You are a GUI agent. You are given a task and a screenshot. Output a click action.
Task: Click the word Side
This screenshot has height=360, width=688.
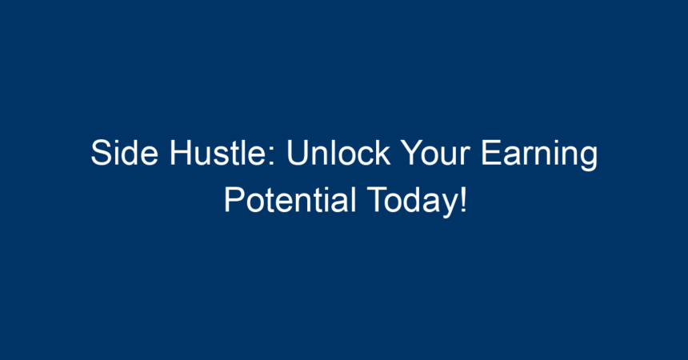click(125, 153)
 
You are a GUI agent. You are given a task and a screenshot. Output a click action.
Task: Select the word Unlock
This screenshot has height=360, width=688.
click(338, 153)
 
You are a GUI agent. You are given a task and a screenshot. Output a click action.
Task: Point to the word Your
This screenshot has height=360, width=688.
click(436, 153)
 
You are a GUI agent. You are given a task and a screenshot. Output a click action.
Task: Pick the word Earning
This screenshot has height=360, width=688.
click(539, 155)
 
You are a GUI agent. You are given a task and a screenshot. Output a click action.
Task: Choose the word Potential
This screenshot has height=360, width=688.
click(290, 200)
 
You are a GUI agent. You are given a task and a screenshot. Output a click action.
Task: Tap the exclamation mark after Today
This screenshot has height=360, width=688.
click(463, 199)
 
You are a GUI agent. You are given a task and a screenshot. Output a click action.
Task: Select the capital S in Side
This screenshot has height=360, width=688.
click(101, 153)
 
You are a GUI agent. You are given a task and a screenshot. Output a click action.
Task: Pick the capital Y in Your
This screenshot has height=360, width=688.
click(413, 153)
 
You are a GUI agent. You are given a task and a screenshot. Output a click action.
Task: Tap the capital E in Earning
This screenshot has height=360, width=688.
click(491, 153)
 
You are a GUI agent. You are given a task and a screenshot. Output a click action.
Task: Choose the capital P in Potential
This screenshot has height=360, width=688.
click(234, 199)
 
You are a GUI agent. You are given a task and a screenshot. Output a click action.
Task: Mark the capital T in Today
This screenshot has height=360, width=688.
click(377, 199)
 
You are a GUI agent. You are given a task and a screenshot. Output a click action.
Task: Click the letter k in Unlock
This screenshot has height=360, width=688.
click(382, 153)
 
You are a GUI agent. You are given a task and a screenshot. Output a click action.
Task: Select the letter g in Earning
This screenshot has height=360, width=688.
click(588, 159)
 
